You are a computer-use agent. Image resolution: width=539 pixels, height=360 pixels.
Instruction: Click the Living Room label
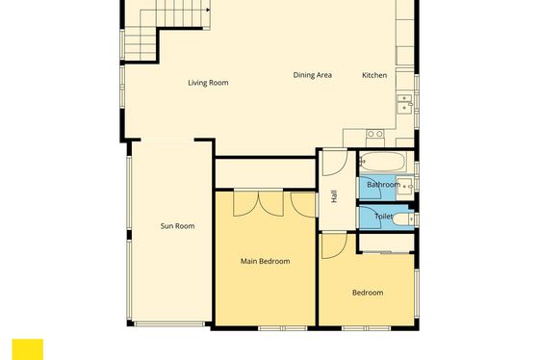click(208, 83)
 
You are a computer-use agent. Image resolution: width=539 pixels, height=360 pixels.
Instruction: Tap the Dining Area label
click(312, 75)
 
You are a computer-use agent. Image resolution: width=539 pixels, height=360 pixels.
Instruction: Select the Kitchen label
click(374, 75)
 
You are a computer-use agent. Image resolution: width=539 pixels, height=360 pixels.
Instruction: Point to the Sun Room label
click(177, 226)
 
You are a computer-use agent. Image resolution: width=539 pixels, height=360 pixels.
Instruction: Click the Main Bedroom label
click(265, 261)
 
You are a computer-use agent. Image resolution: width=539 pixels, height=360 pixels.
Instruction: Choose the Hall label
click(334, 196)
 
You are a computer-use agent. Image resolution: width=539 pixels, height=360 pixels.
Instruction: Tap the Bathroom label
click(383, 185)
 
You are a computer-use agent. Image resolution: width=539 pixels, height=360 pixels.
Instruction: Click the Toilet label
click(383, 217)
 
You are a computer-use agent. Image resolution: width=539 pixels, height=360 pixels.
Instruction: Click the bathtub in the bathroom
click(383, 162)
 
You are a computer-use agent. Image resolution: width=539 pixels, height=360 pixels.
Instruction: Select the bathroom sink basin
click(405, 187)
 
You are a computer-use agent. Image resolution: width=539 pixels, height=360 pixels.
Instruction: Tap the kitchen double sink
click(404, 103)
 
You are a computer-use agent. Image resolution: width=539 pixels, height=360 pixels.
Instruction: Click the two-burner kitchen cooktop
click(375, 134)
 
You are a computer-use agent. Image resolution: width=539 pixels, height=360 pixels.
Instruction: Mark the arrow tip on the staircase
click(209, 10)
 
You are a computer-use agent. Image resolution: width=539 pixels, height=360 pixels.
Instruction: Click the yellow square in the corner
click(28, 349)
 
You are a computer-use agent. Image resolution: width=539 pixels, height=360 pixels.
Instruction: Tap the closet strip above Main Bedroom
click(265, 173)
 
